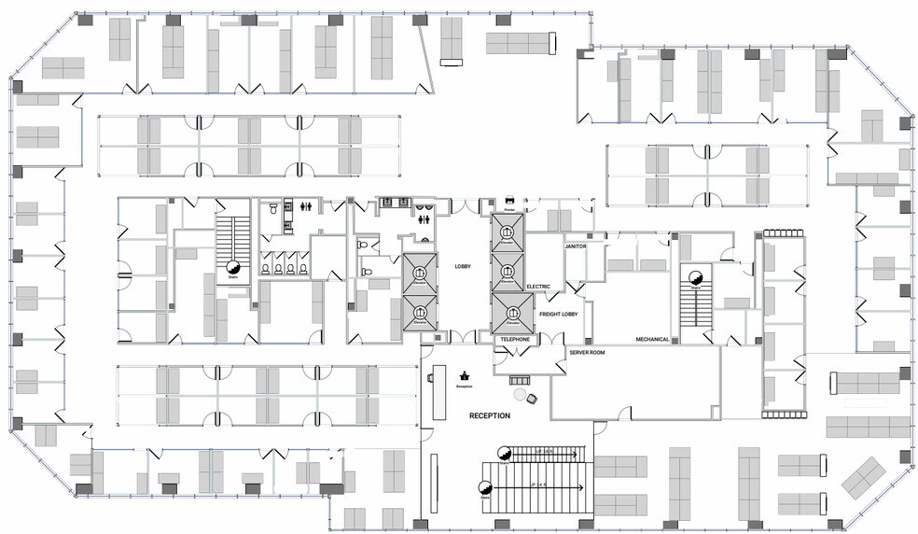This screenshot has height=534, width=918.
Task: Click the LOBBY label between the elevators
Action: click(x=462, y=266)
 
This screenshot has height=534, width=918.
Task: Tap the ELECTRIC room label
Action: click(x=538, y=287)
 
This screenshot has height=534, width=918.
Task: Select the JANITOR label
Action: click(x=575, y=246)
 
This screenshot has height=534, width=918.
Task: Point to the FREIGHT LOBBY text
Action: click(x=558, y=315)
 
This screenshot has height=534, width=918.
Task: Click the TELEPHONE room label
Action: click(x=514, y=339)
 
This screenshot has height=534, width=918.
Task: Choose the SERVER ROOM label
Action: click(x=588, y=354)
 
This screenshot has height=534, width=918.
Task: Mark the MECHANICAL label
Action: click(x=652, y=339)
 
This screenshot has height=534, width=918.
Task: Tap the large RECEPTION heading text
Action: click(x=489, y=415)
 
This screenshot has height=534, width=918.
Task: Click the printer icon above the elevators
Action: click(x=508, y=200)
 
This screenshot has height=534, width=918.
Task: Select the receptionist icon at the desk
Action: click(x=464, y=375)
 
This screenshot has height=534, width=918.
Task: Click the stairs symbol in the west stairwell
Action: click(x=232, y=270)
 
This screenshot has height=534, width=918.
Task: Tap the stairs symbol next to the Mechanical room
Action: click(x=694, y=276)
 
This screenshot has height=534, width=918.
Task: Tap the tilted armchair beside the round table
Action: click(x=533, y=399)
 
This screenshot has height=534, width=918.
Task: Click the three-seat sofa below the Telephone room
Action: click(x=514, y=379)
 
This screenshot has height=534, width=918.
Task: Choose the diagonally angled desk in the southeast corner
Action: click(x=863, y=476)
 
